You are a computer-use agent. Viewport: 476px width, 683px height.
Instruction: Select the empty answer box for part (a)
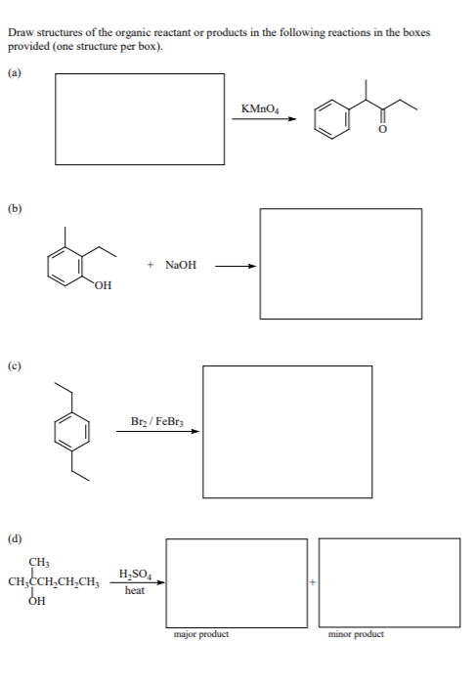(x=140, y=118)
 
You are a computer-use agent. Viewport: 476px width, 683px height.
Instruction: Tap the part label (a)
(x=16, y=71)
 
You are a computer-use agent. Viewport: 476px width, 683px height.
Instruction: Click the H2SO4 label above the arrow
(x=134, y=573)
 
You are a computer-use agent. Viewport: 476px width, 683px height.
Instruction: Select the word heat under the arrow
(x=135, y=590)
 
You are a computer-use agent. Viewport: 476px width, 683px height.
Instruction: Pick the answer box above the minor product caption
(x=389, y=582)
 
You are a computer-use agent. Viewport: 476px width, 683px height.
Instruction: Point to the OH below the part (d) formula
(x=37, y=603)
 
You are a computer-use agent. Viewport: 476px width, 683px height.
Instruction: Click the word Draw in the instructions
(x=19, y=33)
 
